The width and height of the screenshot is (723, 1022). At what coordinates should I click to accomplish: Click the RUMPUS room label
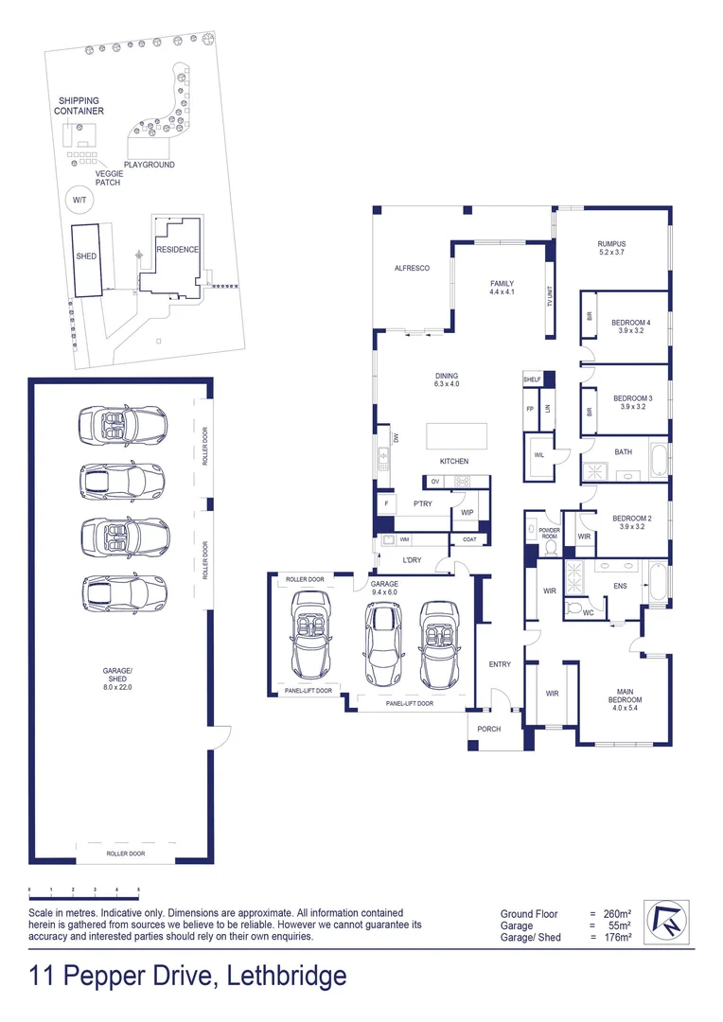pos(611,244)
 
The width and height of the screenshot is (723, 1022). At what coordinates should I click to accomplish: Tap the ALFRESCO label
pos(412,269)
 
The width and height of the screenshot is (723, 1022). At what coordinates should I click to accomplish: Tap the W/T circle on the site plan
pos(79,200)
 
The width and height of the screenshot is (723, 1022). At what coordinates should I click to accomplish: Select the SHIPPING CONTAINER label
pos(79,105)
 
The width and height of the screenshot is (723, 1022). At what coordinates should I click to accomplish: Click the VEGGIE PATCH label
pos(108,177)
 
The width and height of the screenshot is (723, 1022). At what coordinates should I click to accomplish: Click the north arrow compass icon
pos(663,919)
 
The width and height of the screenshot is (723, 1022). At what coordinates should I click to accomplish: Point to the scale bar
pos(84,890)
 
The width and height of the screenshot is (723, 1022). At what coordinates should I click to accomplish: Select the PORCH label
pos(489,729)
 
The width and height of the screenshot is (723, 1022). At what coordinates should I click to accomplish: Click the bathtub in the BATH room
pos(659,458)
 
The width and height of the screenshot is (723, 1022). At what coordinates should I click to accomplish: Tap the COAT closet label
pos(470,539)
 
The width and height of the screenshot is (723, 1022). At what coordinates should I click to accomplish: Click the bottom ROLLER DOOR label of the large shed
pos(126,854)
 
